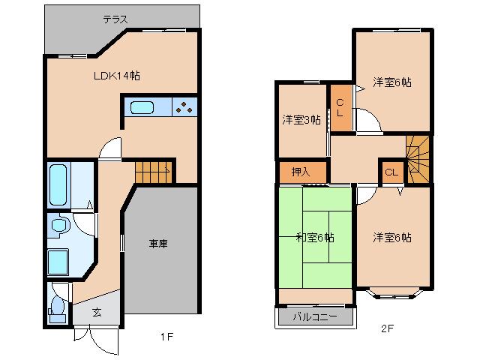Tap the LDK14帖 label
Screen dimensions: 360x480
coord(117,76)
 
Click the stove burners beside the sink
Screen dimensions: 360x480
coord(184,107)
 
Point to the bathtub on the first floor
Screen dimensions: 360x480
coord(59,185)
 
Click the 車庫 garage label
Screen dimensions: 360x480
coord(157,244)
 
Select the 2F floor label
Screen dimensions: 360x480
coord(387,328)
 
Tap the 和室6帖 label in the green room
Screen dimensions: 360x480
coord(314,238)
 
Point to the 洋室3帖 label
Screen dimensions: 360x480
coord(301,120)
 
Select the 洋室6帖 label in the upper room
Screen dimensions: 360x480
coord(392,83)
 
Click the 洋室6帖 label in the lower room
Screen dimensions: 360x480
coord(392,238)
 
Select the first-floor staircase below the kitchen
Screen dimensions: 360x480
coord(154,172)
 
